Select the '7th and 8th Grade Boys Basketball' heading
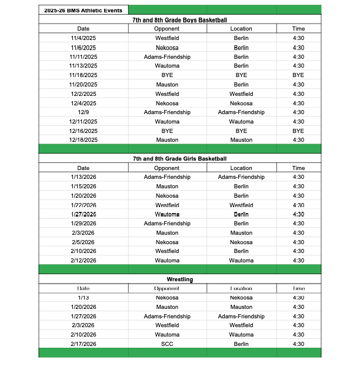[x=179, y=20]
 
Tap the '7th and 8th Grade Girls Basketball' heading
[x=179, y=159]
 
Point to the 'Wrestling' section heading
[x=179, y=280]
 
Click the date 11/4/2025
[x=84, y=38]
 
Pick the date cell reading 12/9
[x=84, y=112]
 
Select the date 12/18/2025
[x=84, y=140]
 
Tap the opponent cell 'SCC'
[x=167, y=344]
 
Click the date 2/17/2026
[x=84, y=344]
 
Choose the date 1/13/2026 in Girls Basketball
[x=84, y=177]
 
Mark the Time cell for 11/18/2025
[x=298, y=75]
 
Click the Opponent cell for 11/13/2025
[x=167, y=66]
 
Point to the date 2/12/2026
[x=84, y=261]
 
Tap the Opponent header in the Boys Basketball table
[x=167, y=29]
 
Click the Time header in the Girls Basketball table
[x=298, y=168]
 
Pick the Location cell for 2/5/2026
[x=241, y=242]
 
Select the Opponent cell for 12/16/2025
[x=167, y=131]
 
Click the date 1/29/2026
[x=84, y=224]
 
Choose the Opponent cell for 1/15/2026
[x=167, y=187]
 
